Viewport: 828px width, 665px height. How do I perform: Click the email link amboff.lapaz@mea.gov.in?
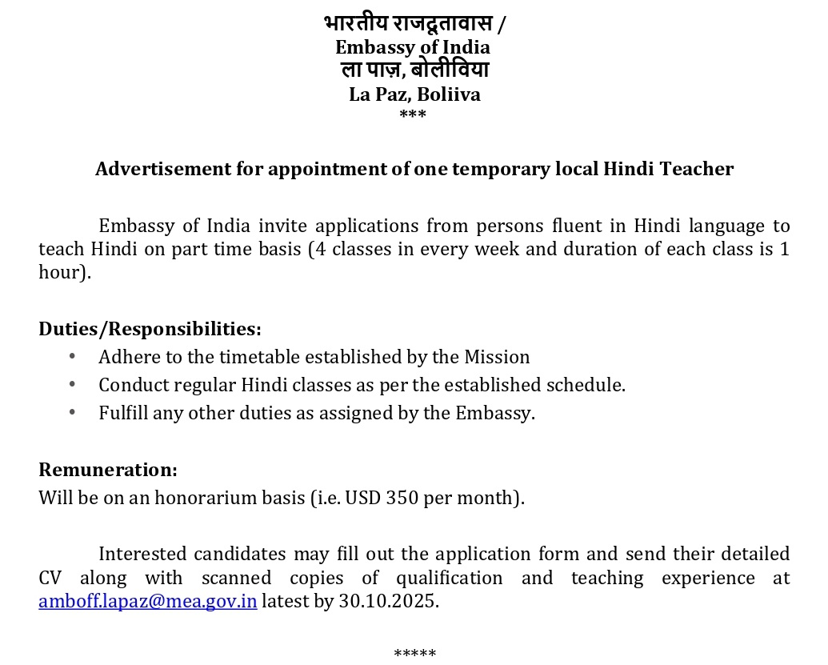coord(148,601)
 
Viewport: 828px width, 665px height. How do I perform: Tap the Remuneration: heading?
coord(108,469)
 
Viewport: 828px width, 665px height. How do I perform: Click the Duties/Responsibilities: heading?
coord(150,329)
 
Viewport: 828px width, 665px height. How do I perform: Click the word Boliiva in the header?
coord(449,94)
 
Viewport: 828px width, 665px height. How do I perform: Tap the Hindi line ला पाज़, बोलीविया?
coord(414,70)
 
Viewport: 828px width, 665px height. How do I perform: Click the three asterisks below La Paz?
coord(413,115)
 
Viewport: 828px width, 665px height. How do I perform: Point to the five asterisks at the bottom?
coord(414,653)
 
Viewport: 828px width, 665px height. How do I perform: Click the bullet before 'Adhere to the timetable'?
coord(73,356)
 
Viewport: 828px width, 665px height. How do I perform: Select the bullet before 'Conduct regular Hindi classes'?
coord(73,385)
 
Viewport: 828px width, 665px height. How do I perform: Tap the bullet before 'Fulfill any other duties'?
coord(73,413)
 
